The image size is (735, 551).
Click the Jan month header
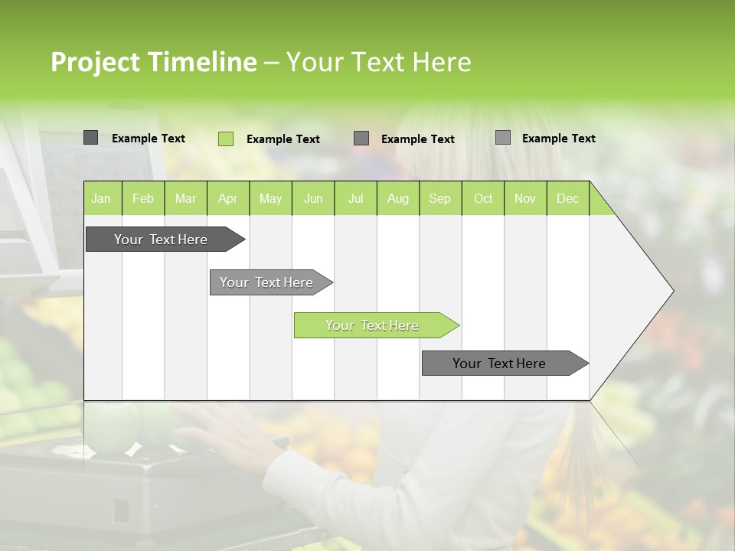pos(101,198)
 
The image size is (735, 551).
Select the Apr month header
pos(227,198)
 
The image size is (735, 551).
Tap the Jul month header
pos(355,198)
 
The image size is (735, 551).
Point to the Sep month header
pos(439,198)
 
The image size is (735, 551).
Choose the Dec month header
pos(567,198)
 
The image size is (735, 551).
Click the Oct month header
pos(483,198)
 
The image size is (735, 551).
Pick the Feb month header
pos(143,198)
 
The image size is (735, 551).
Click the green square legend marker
pos(225,139)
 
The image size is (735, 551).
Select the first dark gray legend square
pos(90,138)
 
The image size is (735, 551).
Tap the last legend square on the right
pos(503,138)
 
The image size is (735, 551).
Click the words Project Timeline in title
pos(153,62)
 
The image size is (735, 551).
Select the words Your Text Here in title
pos(378,62)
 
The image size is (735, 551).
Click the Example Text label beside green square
pos(283,139)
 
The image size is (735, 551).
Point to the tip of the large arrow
pos(671,291)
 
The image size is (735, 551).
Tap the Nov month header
pos(525,198)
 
